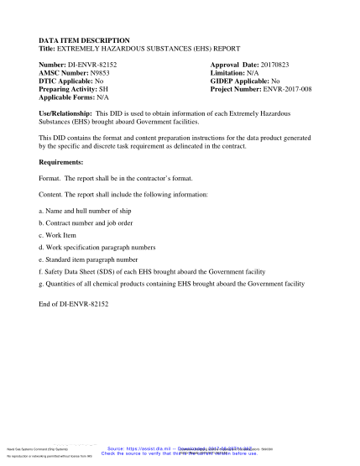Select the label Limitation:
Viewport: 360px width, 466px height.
point(230,73)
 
